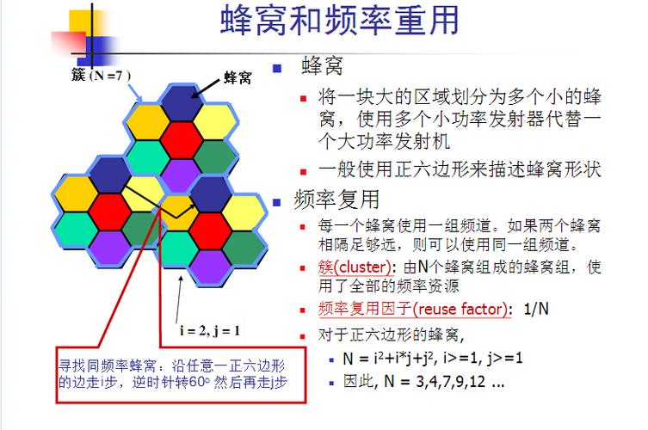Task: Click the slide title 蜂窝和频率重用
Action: (340, 21)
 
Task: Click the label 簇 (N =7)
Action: (101, 75)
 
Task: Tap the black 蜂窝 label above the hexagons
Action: (237, 78)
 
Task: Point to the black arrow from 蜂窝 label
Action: (207, 89)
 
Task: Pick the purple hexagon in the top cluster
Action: (181, 174)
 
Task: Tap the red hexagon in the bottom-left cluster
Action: (110, 209)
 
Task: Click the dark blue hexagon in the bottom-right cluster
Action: (212, 191)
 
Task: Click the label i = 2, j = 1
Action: (210, 330)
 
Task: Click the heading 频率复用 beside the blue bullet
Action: (336, 200)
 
